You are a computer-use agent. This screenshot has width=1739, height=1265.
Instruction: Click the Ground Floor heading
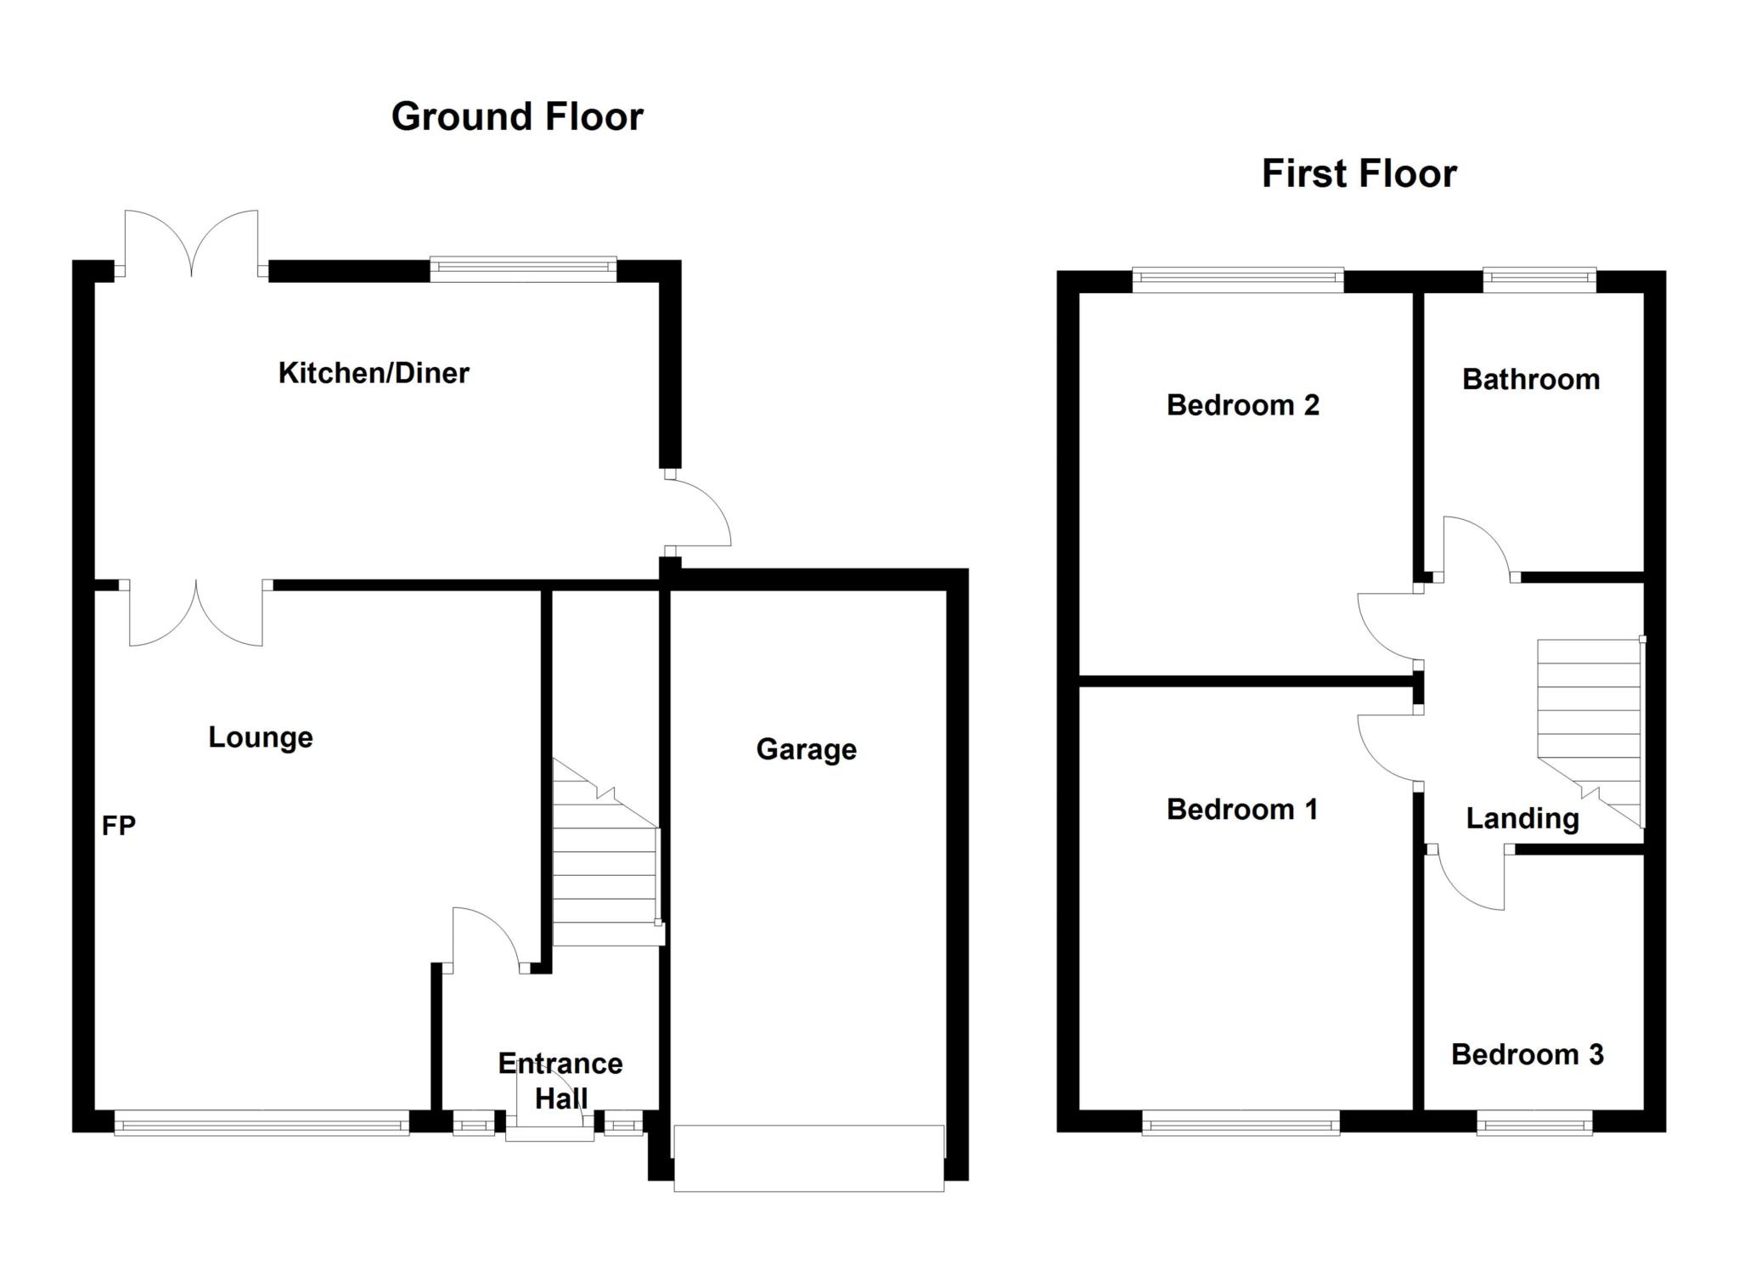coord(517,116)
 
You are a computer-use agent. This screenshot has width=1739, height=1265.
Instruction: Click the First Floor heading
coord(1359,174)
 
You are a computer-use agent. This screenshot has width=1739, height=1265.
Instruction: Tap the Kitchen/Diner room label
coord(374,373)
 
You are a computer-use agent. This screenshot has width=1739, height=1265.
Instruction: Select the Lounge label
coord(261,737)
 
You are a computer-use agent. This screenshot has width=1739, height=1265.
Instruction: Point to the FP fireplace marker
coord(119,826)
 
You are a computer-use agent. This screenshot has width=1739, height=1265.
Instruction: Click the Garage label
coord(806,749)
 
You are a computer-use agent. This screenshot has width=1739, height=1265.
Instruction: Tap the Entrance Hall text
coord(560,1081)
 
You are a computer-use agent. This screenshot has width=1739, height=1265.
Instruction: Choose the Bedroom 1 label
coord(1242,810)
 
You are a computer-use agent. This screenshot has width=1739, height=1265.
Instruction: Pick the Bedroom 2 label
coord(1243,405)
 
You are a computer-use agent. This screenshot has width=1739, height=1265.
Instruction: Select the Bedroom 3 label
coord(1527,1054)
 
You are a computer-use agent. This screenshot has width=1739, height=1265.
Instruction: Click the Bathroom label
coord(1531,380)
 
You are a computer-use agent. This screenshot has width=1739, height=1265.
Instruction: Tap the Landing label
coord(1522,819)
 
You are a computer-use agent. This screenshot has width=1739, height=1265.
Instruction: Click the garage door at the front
coord(808,1158)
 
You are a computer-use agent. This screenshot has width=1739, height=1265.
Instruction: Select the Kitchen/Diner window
coord(523,269)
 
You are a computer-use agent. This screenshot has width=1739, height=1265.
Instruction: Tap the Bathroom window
coord(1539,280)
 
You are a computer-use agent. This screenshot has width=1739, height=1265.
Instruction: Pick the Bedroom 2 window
coord(1238,280)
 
